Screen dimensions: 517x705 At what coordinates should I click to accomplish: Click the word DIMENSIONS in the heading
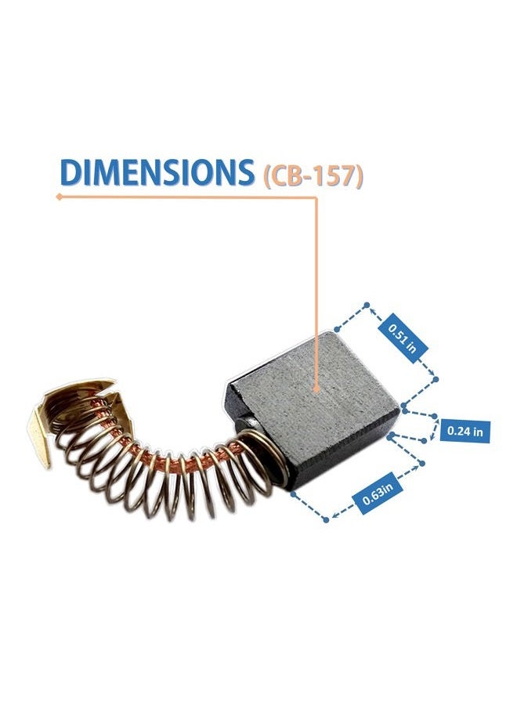(157, 172)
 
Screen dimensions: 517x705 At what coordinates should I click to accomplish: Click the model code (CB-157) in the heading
(313, 175)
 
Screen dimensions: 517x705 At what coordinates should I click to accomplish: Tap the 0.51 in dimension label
(403, 338)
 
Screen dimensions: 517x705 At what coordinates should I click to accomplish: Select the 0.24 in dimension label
(465, 431)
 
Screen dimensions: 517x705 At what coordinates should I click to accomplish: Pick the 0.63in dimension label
(378, 493)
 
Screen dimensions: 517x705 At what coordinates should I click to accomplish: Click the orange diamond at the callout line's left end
(59, 197)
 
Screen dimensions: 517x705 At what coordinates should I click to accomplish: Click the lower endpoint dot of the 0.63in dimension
(327, 520)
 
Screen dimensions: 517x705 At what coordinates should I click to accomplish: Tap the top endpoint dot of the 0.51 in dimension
(367, 305)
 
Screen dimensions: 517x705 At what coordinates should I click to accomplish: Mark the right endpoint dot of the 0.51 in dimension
(436, 380)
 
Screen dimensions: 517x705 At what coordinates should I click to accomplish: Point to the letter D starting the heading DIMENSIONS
(71, 172)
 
